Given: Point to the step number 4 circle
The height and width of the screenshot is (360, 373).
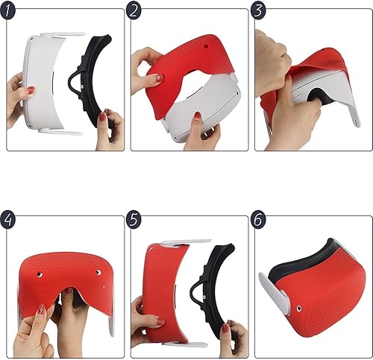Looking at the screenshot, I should point(10,220).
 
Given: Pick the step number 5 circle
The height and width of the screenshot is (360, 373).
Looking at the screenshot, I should point(134,220).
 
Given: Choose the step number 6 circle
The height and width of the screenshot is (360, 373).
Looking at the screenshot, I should point(258,220).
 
